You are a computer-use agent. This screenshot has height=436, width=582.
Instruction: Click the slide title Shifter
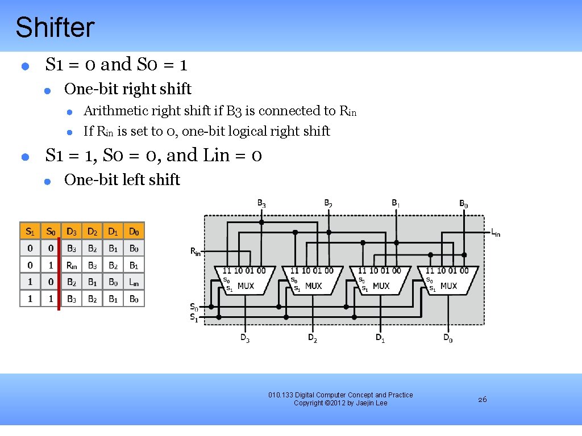(x=55, y=27)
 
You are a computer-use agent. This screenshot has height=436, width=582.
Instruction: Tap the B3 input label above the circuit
(x=261, y=203)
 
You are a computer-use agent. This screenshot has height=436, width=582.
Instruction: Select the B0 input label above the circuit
(x=464, y=203)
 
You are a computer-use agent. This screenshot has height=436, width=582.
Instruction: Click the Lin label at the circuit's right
(x=495, y=232)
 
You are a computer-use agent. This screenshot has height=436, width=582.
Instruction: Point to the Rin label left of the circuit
(x=195, y=251)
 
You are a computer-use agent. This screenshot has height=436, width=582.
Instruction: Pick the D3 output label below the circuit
(x=244, y=338)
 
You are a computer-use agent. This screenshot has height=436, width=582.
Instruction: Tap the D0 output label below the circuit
(x=448, y=339)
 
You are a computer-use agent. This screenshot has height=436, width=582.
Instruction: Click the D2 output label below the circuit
(x=312, y=338)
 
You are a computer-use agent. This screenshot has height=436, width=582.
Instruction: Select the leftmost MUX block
(x=244, y=280)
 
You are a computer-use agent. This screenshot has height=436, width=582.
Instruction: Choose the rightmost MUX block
(x=447, y=280)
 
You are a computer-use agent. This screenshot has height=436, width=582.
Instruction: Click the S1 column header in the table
(x=30, y=231)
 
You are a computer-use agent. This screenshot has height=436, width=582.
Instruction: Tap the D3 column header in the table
(x=72, y=231)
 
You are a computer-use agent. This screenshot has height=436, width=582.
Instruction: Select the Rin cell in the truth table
(x=72, y=265)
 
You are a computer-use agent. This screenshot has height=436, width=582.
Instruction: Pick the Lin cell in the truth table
(x=134, y=282)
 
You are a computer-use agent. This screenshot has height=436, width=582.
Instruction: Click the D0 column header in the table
(x=134, y=231)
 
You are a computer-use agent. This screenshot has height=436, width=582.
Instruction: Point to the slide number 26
(x=482, y=400)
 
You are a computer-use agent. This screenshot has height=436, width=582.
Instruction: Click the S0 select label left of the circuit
(x=194, y=307)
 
